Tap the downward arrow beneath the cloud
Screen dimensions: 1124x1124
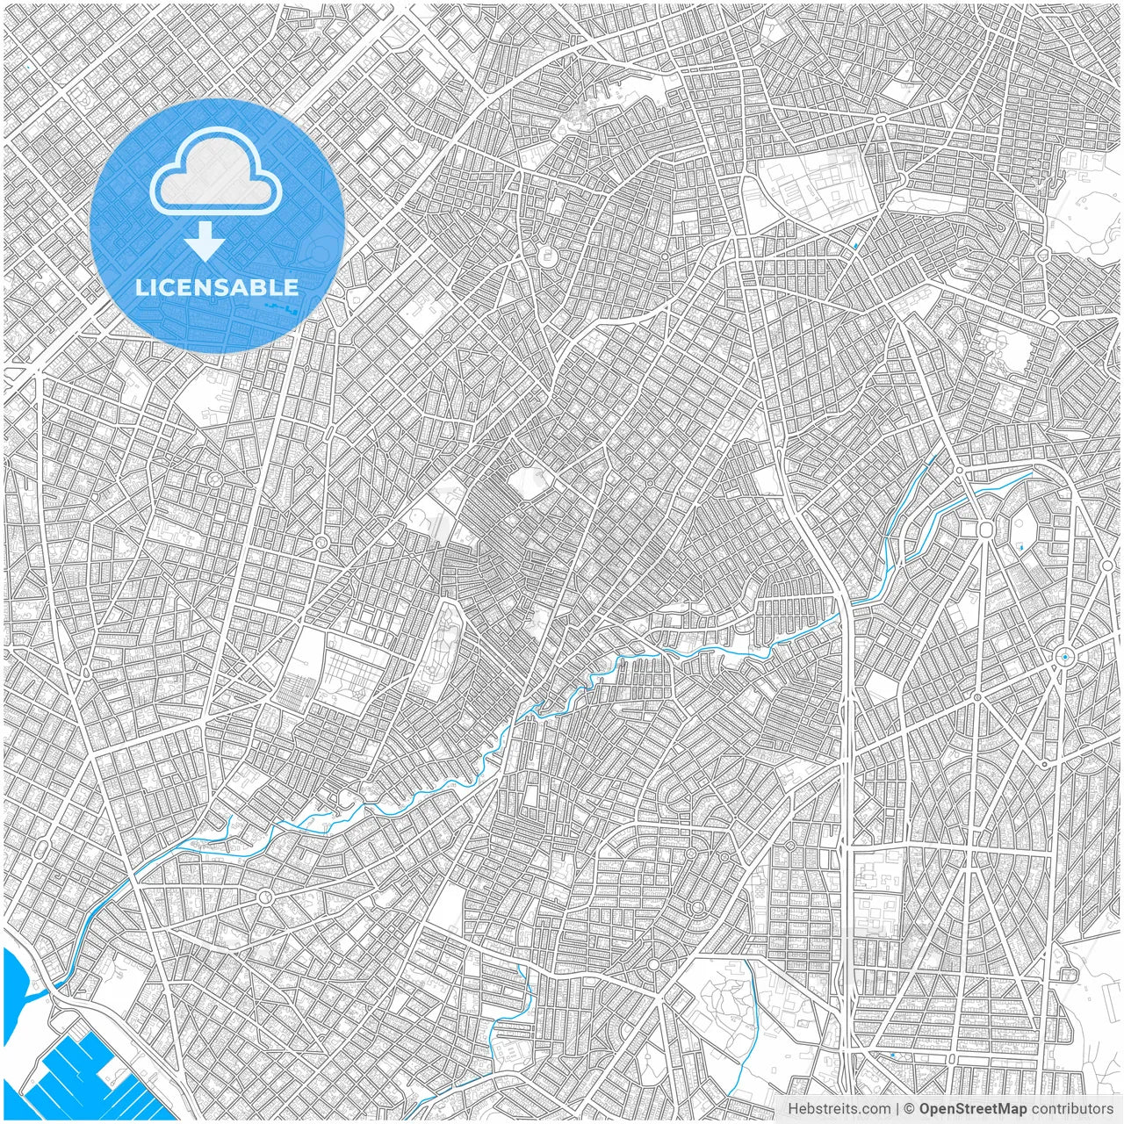pos(205,241)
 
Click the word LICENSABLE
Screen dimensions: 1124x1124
pos(217,287)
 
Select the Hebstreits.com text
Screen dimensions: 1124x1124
pos(839,1109)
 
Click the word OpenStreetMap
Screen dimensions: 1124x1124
pos(973,1109)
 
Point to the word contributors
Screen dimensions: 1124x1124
pos(1072,1109)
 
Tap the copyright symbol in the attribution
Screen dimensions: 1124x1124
pos(910,1109)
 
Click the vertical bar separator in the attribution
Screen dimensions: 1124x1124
pos(897,1109)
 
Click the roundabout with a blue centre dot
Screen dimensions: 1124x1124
pos(1065,656)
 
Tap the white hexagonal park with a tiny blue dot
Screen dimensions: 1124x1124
pos(1023,532)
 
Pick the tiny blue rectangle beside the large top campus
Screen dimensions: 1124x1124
pos(855,245)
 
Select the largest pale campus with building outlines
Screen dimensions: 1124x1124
pos(812,189)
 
